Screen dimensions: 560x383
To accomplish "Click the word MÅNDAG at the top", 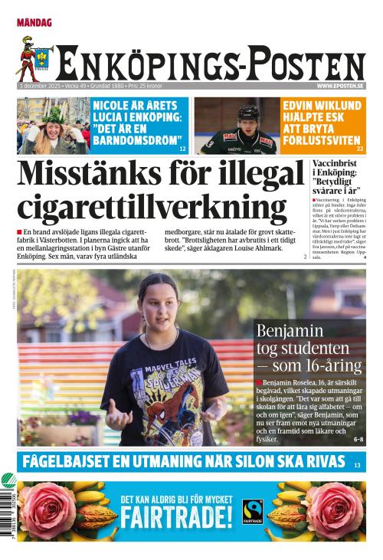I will tap(34, 23).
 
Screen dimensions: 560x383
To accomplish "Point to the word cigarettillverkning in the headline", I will tap(152, 208).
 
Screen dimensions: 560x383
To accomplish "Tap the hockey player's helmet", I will tap(249, 113).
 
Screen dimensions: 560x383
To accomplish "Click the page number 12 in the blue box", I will tap(182, 148).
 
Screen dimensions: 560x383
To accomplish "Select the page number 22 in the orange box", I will tap(360, 148).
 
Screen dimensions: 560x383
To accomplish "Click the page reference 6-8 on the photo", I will tap(358, 440).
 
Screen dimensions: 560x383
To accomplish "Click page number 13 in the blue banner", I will tap(357, 465).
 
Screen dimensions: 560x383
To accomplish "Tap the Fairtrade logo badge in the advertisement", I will tap(252, 511).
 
